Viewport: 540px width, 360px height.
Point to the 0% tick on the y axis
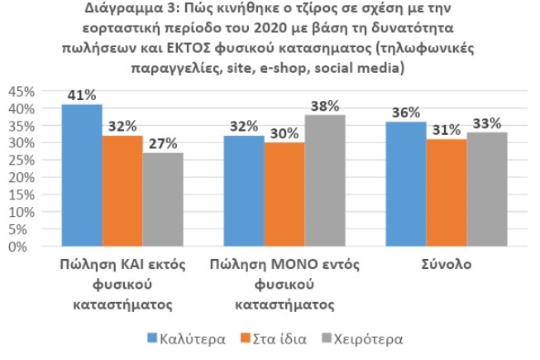pos(27,246)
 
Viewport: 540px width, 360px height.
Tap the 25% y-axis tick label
pos(22,160)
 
